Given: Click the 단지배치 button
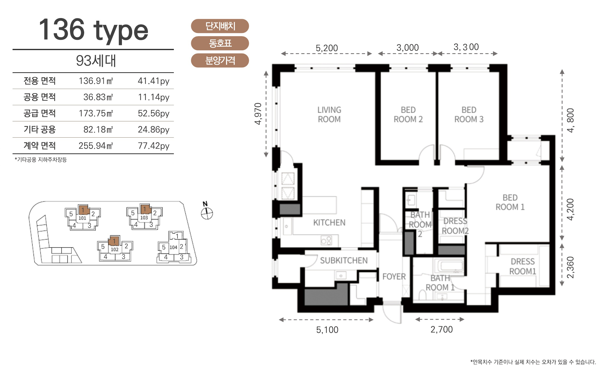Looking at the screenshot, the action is pos(220,26).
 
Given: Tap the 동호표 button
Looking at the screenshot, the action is pos(220,43).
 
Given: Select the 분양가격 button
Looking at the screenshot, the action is pos(220,61).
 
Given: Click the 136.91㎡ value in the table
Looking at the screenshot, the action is pos(96,81).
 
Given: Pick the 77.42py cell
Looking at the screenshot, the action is pos(154,146).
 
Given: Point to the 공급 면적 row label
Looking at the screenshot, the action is pos(40,113).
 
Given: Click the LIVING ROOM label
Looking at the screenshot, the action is pos(329,115).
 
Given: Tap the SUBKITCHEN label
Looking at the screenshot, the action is pos(344,260).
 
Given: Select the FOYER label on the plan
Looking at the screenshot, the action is pos(394,276).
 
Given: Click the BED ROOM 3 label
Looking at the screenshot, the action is pos(469,115).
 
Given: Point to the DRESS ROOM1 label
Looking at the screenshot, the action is pos(523,266).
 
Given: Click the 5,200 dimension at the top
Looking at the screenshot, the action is pos(327,48).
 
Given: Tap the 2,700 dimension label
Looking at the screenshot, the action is pos(442,329).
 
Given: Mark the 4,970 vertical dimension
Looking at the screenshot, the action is pos(258,114).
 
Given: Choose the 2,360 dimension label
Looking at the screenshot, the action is pos(570,267).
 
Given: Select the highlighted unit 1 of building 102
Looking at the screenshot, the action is pos(114,241).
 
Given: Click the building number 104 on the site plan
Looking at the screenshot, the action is pos(173,247).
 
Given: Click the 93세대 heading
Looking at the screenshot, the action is pos(96,61).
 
